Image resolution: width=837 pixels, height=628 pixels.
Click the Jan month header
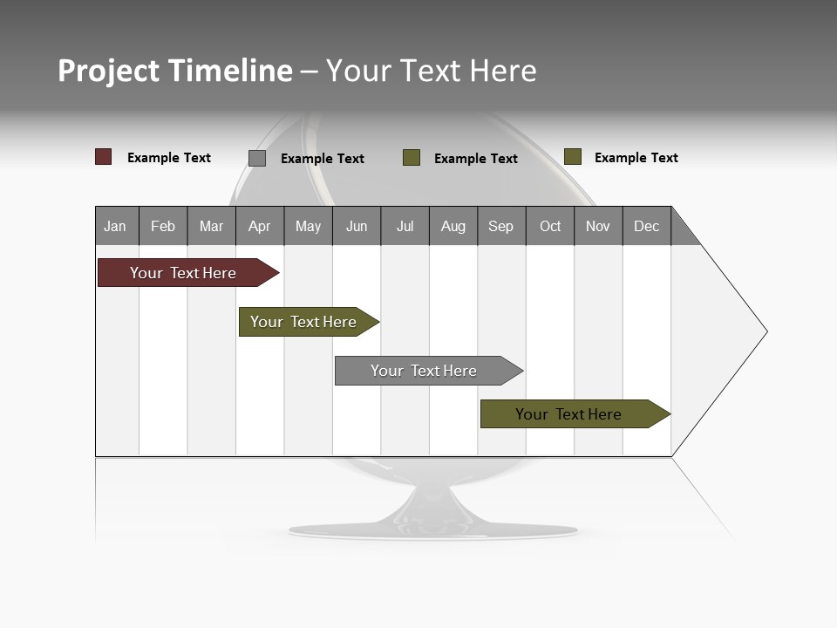tap(116, 226)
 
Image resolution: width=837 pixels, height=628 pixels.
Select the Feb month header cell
tap(163, 226)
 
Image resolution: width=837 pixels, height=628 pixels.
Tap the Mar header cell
tap(211, 226)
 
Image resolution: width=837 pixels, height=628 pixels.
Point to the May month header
tap(308, 226)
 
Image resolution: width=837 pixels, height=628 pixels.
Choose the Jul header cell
tap(405, 226)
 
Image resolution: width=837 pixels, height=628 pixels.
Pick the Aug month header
tap(453, 226)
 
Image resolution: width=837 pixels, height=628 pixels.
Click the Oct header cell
tap(550, 226)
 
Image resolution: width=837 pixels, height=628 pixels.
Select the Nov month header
tap(598, 226)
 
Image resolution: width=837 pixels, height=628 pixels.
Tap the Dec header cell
tap(646, 226)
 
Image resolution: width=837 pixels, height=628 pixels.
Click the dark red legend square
tap(103, 157)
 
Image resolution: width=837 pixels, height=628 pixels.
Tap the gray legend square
tap(257, 158)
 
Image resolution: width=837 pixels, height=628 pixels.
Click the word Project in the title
tap(109, 71)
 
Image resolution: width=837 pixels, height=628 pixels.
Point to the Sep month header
tap(500, 226)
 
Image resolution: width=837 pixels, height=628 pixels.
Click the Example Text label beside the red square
tap(169, 158)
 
